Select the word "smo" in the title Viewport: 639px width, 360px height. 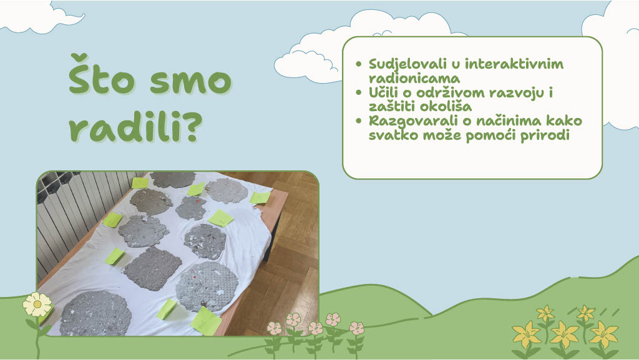191,82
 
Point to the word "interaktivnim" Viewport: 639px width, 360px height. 514,64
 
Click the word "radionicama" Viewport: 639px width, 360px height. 414,78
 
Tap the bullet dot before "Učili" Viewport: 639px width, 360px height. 359,92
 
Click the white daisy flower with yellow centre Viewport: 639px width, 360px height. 37,304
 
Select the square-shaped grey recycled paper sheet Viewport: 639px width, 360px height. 153,268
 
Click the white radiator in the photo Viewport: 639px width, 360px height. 77,220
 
